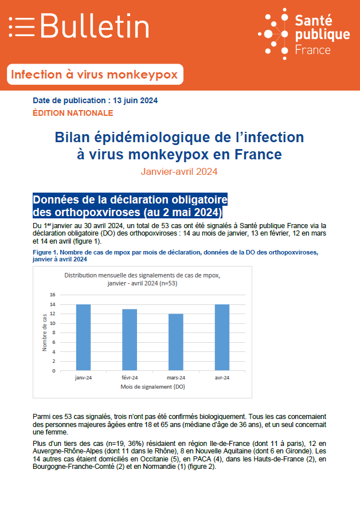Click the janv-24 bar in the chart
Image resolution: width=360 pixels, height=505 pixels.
coord(83,337)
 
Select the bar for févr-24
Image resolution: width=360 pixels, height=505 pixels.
coord(130,340)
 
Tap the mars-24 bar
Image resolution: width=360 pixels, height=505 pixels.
coord(176,342)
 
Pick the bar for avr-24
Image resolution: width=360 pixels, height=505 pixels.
coord(222,337)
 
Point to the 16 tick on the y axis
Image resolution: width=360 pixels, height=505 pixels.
coord(53,295)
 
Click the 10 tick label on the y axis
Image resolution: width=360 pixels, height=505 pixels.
coord(53,323)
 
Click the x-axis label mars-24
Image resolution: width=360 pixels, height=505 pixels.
coord(176,378)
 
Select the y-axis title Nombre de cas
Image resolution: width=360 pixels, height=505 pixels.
coord(45,332)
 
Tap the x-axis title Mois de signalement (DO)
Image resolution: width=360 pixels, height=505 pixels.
coord(152,386)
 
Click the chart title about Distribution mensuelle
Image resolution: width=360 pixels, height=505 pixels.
coord(142,279)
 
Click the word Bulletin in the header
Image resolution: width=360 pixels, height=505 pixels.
coord(95,26)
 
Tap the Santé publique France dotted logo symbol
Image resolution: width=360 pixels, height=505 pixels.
coord(273,34)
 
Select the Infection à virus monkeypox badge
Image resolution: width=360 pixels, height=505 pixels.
coord(95,75)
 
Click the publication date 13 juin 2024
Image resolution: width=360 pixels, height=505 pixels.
coord(135,100)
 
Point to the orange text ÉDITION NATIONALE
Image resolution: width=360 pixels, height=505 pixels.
coord(73,113)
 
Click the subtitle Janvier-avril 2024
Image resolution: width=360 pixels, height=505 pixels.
coord(179,171)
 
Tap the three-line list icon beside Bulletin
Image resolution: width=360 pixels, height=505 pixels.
coord(22,26)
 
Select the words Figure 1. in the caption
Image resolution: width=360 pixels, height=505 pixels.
coord(45,252)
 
